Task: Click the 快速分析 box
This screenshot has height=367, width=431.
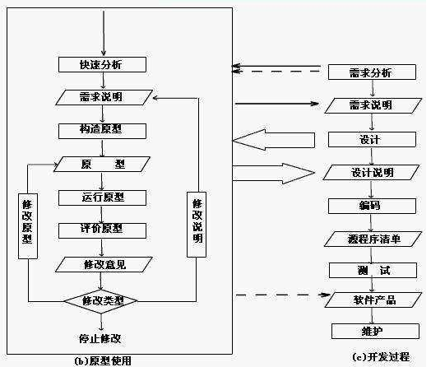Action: click(102, 64)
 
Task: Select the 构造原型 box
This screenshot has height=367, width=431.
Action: click(102, 130)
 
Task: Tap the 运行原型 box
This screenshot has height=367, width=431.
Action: click(102, 197)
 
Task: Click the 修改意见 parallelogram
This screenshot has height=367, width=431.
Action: click(102, 264)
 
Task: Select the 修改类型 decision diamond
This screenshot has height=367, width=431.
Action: click(102, 301)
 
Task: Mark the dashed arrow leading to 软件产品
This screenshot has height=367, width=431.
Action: click(280, 295)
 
